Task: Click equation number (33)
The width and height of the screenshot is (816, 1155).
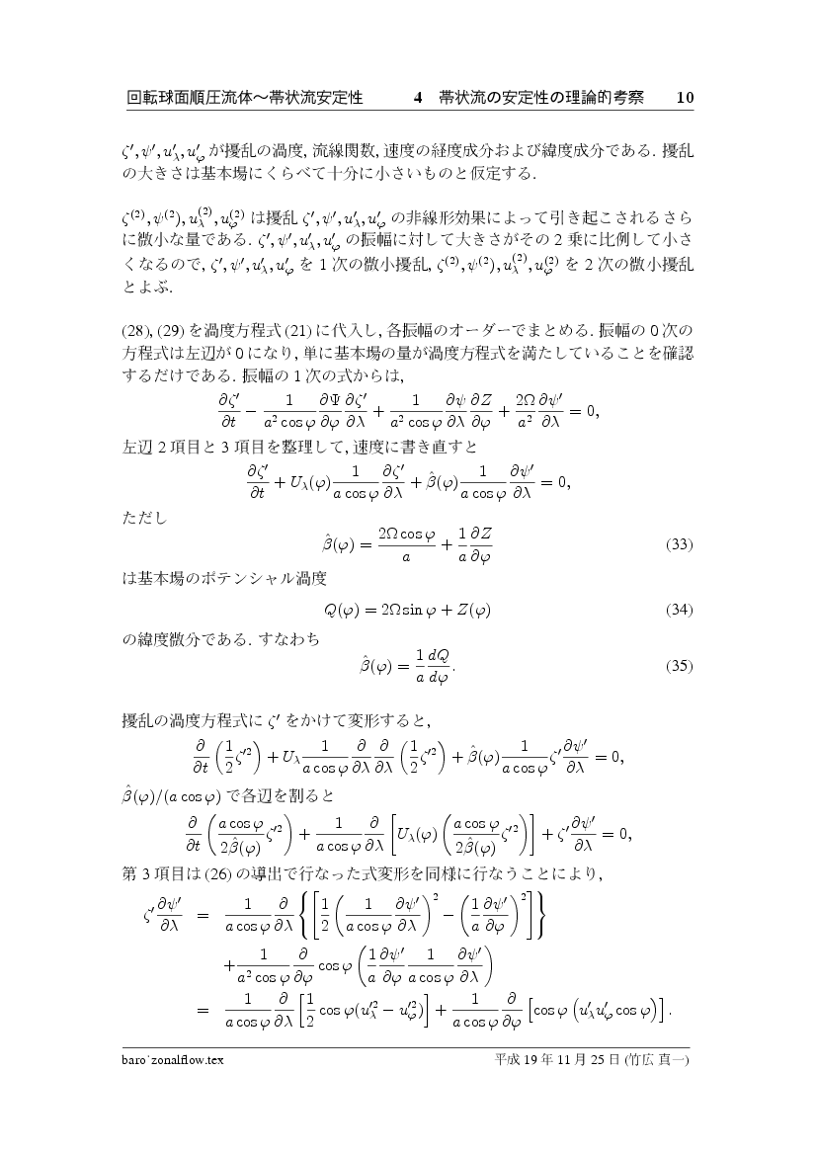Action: coord(679,544)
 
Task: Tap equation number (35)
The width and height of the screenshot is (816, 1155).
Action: coord(679,666)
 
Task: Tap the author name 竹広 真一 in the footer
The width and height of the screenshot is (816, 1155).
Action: coord(664,1060)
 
